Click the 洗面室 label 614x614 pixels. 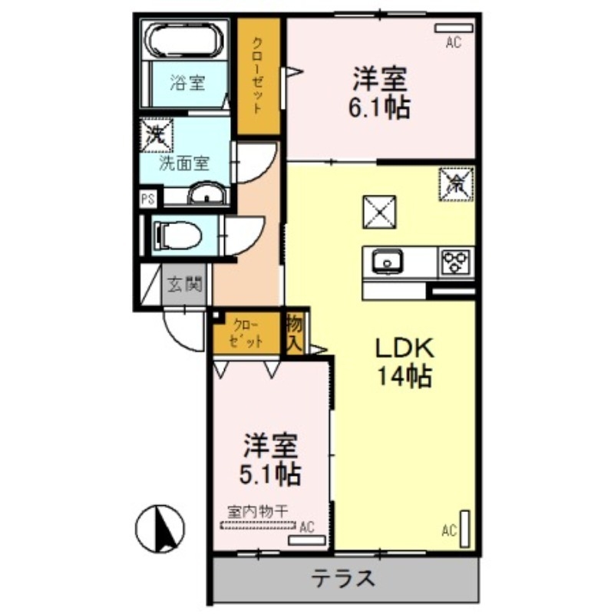click(184, 163)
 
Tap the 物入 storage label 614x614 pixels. click(295, 332)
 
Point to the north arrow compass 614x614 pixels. click(160, 529)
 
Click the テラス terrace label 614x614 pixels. click(343, 578)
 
